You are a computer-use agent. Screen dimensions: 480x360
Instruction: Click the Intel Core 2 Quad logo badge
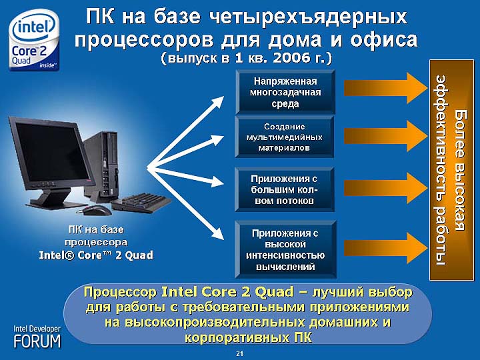(34, 40)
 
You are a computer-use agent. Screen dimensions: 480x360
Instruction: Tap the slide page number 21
(240, 353)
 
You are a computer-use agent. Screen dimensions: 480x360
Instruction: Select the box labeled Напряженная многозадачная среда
(285, 92)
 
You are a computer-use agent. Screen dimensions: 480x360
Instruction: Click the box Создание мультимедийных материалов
(285, 137)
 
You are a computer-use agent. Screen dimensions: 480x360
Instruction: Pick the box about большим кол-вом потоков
(285, 189)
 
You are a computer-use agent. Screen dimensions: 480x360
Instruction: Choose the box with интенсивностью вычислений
(285, 249)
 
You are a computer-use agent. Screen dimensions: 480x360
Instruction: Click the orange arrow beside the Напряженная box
(386, 88)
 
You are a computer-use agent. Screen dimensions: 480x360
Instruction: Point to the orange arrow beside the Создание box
(386, 136)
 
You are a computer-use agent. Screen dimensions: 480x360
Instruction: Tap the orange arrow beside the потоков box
(386, 188)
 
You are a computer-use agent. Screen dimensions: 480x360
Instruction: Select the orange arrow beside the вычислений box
(386, 248)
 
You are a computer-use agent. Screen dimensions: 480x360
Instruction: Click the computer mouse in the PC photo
(94, 210)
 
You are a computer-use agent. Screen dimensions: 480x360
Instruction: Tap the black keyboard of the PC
(141, 203)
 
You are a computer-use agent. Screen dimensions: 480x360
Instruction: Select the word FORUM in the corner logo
(37, 341)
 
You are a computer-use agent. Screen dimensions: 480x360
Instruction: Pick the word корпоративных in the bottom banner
(237, 337)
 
